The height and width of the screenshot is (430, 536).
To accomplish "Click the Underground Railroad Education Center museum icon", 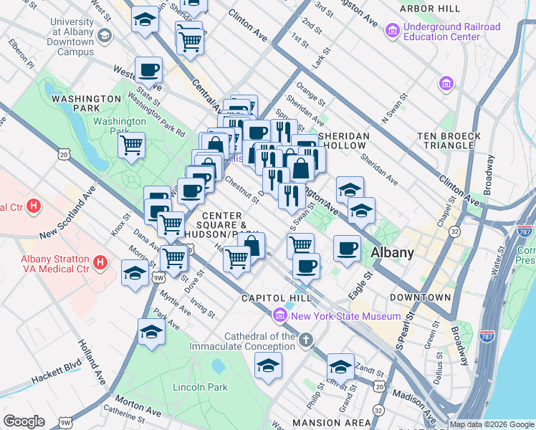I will tap(393, 32).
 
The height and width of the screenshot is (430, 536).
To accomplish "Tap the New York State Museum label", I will tap(345, 316).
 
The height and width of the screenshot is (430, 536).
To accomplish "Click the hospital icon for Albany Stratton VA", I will tap(100, 263).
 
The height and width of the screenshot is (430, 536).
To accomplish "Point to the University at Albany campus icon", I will tap(105, 36).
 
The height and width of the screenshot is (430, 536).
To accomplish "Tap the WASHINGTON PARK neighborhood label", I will tap(86, 98).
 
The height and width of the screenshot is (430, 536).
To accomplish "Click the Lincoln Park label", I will tap(200, 387).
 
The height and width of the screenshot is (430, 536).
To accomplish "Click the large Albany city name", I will tap(392, 252).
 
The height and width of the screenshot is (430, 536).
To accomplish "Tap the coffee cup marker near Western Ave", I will tap(149, 70).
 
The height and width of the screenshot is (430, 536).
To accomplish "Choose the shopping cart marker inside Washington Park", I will tap(132, 145).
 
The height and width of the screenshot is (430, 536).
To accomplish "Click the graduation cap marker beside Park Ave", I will tap(150, 332).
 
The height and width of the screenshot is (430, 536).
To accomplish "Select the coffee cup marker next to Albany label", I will tap(348, 248).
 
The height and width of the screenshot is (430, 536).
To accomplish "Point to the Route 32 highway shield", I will tap(454, 232).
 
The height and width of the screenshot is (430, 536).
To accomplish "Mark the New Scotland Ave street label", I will tap(68, 214).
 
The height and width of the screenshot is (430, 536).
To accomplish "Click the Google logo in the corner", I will tap(24, 421).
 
